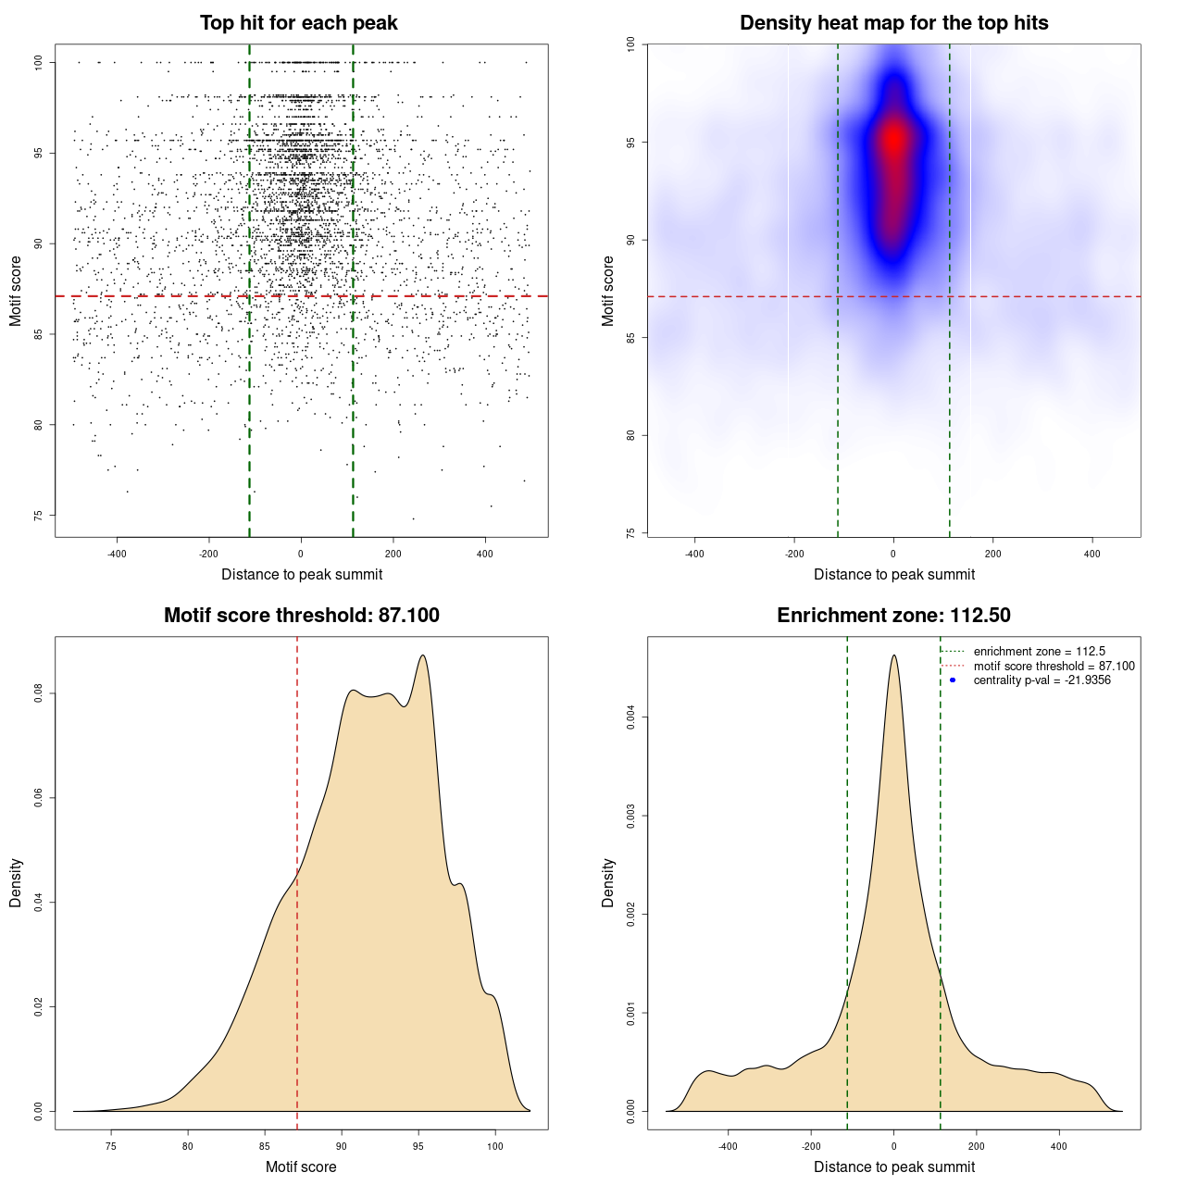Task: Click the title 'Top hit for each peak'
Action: click(299, 23)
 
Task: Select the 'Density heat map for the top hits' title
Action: click(893, 23)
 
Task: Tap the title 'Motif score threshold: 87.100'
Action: click(301, 616)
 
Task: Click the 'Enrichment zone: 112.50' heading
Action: click(893, 616)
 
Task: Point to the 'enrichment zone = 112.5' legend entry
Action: click(1039, 652)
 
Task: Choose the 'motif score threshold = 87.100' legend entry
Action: click(1054, 666)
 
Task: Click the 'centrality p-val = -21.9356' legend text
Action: click(1042, 680)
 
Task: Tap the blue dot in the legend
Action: click(953, 680)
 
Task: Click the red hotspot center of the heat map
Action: click(893, 140)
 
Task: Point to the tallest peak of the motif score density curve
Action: click(422, 655)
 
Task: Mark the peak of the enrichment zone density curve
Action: click(893, 655)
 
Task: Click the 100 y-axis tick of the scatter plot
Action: click(39, 62)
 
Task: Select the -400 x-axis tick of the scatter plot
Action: click(117, 554)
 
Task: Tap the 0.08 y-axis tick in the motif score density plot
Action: click(39, 693)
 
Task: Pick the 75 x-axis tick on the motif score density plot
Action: click(111, 1146)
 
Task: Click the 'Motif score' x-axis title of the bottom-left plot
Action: click(301, 1166)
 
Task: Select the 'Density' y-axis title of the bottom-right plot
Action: click(608, 882)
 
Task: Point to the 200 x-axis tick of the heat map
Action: click(992, 554)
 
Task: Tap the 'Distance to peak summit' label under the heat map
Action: click(893, 574)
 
